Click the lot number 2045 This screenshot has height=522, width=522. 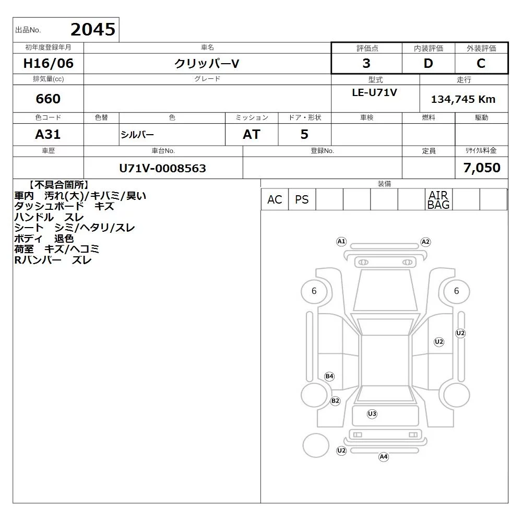tap(93, 29)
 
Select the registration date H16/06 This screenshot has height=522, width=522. tap(48, 63)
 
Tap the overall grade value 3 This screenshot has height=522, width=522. tap(366, 63)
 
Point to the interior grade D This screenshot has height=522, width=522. tap(428, 63)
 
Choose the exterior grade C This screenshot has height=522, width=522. tap(481, 63)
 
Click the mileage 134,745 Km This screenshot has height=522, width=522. tap(463, 99)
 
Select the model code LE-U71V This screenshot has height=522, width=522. tap(374, 92)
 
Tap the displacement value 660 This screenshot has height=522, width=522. tap(48, 99)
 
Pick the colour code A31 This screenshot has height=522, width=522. tap(48, 135)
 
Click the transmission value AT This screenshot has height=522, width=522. tap(252, 135)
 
